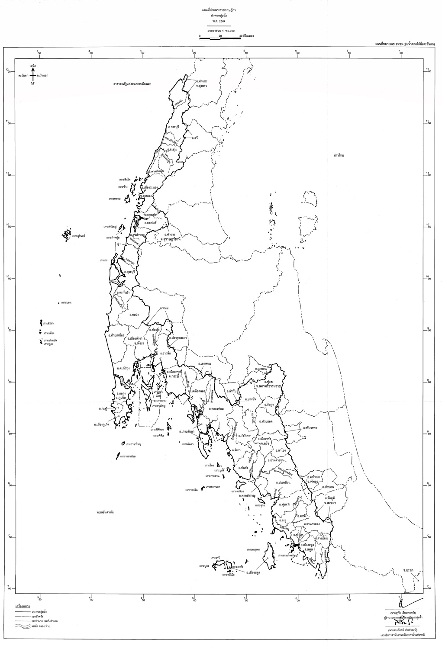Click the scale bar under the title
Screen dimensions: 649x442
[220, 39]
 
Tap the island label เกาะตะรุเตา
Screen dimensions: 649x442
[254, 549]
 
